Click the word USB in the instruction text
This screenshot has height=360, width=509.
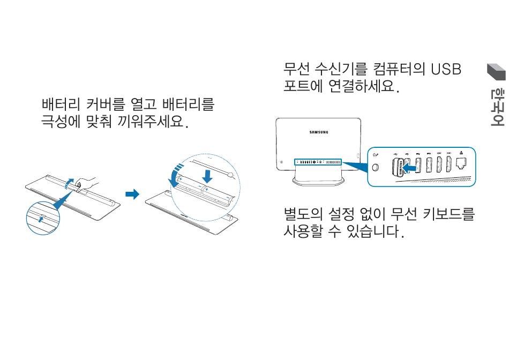pos(446,70)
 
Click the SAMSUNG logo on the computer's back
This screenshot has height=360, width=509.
pos(319,132)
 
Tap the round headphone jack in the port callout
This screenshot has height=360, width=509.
pos(376,167)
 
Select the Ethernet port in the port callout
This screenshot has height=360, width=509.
pos(462,164)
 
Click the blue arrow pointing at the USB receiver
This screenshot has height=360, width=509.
pos(411,168)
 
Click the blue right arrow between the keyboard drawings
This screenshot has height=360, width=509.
pos(132,193)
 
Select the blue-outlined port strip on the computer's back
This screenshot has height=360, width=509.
pos(318,161)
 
